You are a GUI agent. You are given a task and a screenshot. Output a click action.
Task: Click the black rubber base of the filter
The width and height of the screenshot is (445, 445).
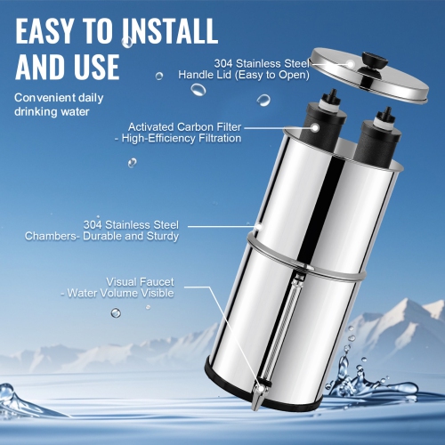(x=267, y=400)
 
